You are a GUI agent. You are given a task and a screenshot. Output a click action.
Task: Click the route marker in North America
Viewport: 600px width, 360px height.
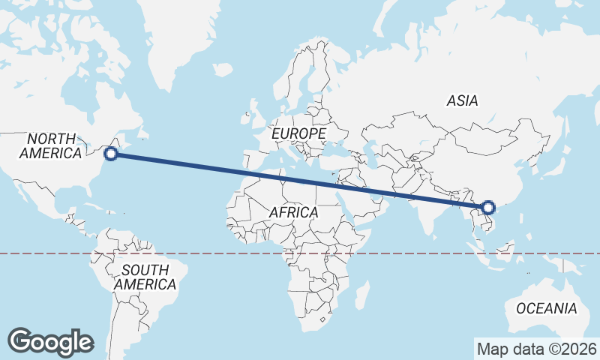click(111, 154)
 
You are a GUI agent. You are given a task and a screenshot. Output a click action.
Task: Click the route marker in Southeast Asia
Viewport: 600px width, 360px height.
click(488, 208)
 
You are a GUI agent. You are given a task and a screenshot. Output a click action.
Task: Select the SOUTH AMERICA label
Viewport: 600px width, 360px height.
click(145, 277)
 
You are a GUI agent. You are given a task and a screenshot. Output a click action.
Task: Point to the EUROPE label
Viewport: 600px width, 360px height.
click(298, 133)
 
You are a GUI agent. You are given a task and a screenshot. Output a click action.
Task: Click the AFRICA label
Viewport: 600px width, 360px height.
click(293, 213)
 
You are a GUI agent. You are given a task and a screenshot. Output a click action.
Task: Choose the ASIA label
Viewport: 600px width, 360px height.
click(462, 100)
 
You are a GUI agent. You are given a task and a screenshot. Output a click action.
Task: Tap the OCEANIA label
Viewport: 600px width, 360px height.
click(546, 308)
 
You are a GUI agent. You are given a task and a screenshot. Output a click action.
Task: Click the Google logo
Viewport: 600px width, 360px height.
click(51, 341)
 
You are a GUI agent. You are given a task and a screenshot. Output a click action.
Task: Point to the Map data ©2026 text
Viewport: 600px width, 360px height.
click(537, 349)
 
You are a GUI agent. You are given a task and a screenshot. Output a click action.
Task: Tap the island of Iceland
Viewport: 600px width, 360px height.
click(223, 70)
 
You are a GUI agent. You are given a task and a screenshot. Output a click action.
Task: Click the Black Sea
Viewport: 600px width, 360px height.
click(342, 151)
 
